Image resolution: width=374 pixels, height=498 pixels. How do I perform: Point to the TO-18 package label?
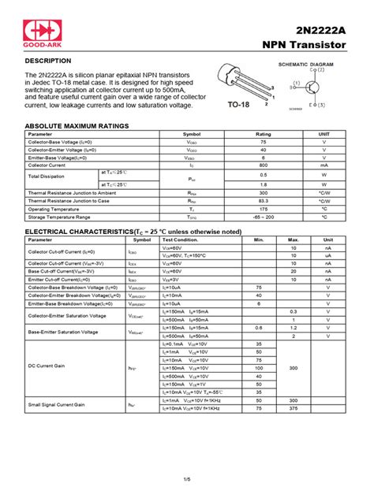coord(238,103)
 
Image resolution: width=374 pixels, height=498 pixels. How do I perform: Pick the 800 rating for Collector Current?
coord(263,165)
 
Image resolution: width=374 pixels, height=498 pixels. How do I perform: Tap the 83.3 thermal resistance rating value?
coord(263,200)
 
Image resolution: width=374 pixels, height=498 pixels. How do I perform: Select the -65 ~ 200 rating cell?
coord(263,216)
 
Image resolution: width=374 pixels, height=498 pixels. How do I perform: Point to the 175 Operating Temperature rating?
coord(263,208)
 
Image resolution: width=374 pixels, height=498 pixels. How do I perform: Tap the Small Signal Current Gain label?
coord(58,404)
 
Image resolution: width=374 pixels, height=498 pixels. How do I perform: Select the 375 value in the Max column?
coord(294,408)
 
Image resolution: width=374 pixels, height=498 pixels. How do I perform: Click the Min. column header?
coord(259,240)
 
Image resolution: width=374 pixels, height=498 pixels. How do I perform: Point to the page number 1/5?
coord(187,479)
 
